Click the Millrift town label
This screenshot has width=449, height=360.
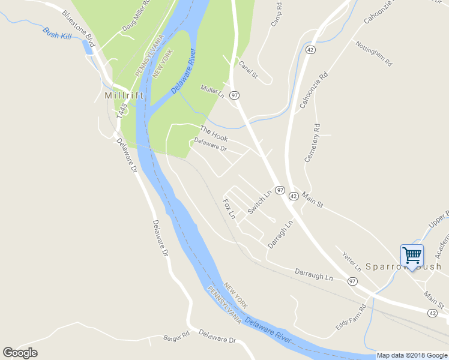124,95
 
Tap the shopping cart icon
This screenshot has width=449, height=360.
412,256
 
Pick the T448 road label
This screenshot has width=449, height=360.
122,110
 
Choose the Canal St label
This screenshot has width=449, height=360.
248,69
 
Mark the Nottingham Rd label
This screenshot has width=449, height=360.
373,53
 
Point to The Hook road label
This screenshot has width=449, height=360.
214,133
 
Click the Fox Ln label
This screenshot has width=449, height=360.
229,209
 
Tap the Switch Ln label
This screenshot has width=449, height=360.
259,202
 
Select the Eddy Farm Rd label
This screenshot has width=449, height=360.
351,319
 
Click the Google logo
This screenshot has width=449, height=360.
20,353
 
